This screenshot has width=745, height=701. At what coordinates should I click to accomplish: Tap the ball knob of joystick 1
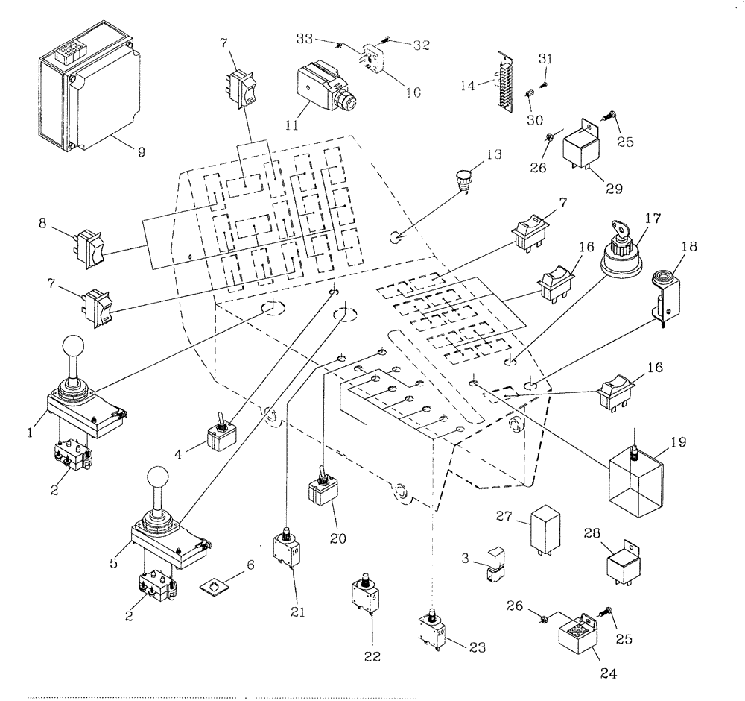pyautogui.click(x=72, y=348)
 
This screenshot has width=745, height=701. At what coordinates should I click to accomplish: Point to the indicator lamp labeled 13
pyautogui.click(x=465, y=180)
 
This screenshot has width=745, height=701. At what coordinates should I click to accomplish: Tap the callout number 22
pyautogui.click(x=372, y=657)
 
